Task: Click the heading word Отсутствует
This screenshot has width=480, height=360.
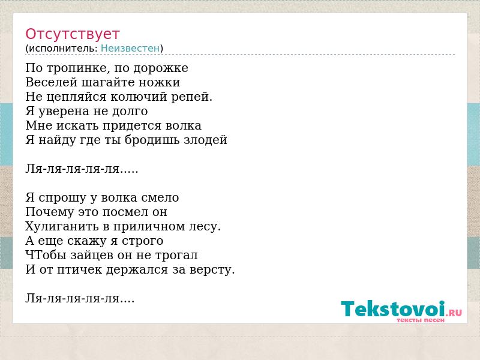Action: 72,34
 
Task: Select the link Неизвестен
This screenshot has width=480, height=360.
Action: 130,49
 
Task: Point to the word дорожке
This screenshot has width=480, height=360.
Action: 161,68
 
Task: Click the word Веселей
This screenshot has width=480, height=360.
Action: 51,82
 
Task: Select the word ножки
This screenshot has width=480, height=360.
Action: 159,83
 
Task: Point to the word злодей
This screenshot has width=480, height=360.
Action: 205,140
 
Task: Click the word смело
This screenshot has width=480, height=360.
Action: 160,198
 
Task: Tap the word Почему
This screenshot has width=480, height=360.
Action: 50,212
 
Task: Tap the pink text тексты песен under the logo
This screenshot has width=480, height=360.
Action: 421,320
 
